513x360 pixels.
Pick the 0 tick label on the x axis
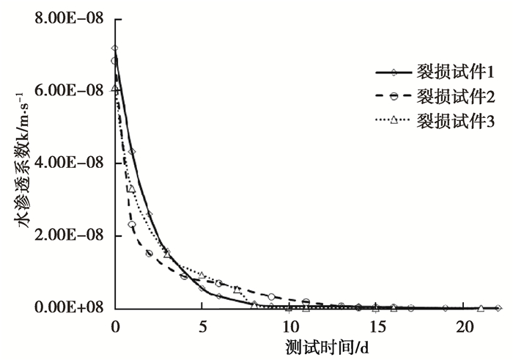pos(115,325)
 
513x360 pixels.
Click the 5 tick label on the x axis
pos(202,325)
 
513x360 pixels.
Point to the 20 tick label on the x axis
pos(463,325)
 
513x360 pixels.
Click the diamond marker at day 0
pos(115,48)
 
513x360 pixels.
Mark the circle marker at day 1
pos(132,224)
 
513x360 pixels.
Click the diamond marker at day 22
pos(498,308)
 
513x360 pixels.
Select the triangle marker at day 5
pos(202,275)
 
